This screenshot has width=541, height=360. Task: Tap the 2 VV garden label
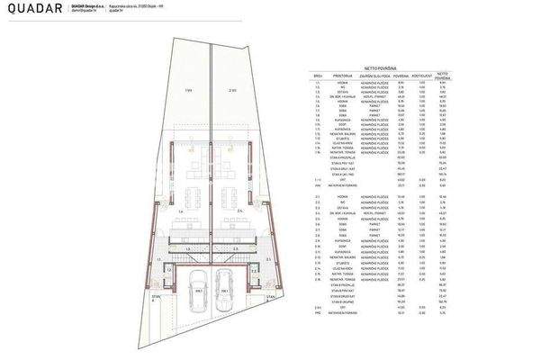(x=231, y=90)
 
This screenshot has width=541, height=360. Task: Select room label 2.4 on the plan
(x=241, y=212)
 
